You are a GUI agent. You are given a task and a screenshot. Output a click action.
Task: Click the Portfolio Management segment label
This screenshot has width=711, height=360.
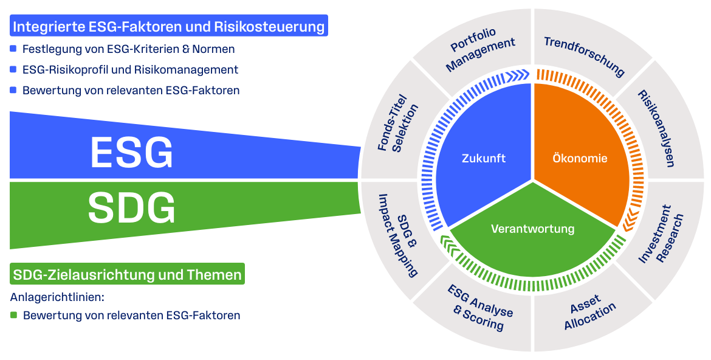(x=479, y=49)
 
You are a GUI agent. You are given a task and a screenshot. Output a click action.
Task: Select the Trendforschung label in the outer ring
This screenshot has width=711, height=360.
(x=584, y=57)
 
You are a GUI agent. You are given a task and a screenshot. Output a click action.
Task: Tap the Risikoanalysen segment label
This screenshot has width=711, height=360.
(x=654, y=128)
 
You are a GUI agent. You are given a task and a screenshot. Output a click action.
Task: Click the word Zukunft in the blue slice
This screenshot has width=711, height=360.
(x=484, y=159)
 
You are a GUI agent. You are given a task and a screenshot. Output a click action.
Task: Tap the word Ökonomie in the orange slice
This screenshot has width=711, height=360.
(x=580, y=159)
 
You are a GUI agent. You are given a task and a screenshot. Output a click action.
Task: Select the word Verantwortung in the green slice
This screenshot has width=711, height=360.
(x=532, y=229)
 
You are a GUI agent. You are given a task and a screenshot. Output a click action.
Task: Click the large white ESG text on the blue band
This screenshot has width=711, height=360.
(x=131, y=153)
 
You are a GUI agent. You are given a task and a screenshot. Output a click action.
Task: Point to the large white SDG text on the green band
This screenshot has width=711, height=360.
(x=131, y=208)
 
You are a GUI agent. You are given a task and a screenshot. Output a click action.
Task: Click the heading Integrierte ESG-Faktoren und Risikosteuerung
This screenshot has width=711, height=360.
(x=169, y=26)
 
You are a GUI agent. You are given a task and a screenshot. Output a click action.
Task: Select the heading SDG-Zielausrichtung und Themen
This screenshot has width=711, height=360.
(x=128, y=274)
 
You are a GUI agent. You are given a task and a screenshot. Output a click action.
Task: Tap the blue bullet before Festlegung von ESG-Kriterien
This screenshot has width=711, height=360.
(x=13, y=49)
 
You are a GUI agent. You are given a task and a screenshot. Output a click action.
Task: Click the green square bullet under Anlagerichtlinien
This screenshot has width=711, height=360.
(x=14, y=316)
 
